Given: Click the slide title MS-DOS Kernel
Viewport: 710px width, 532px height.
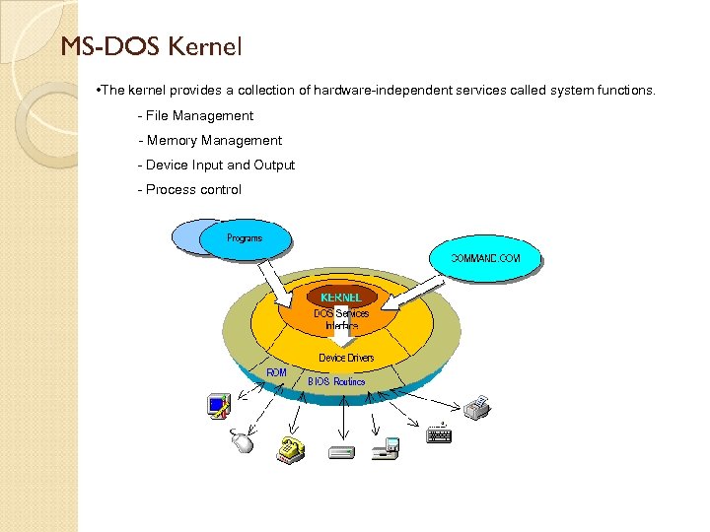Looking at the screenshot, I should point(151,46).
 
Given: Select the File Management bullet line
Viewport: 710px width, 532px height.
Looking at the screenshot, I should point(196,115).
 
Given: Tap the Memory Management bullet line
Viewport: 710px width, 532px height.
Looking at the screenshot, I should point(211,140).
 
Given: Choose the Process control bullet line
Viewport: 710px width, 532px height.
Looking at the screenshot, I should point(190,189).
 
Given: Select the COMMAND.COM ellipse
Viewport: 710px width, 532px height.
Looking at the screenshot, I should point(485,258).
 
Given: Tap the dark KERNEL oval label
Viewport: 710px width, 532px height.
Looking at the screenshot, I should point(341,296).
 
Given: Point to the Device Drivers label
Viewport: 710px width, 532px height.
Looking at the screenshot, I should point(346,358).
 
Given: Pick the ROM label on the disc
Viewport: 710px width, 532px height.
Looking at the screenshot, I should point(277,371).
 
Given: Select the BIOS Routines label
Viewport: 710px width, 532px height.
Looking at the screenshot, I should point(336,381).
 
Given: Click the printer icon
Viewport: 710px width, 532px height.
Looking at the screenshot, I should point(477,407).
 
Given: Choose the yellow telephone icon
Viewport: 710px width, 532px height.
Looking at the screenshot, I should point(289,448).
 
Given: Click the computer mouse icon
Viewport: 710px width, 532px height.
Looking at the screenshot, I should point(243,442).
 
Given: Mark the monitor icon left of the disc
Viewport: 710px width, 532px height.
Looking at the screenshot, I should point(218,404).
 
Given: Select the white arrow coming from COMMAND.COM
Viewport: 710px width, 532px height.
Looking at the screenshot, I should point(405,296).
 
